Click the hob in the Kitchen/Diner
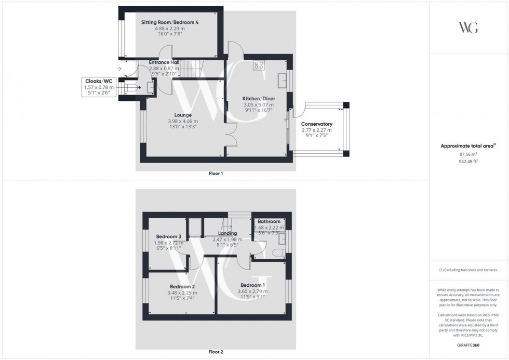(x=259, y=65)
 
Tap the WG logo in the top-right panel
(x=468, y=28)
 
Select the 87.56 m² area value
(x=468, y=154)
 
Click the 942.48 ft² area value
(x=468, y=162)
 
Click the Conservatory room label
(x=316, y=124)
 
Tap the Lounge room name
(x=183, y=115)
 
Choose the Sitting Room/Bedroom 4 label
(x=170, y=23)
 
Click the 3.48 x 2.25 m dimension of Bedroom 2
(x=182, y=292)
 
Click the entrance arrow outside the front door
(x=119, y=69)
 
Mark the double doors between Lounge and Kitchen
(x=230, y=133)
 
